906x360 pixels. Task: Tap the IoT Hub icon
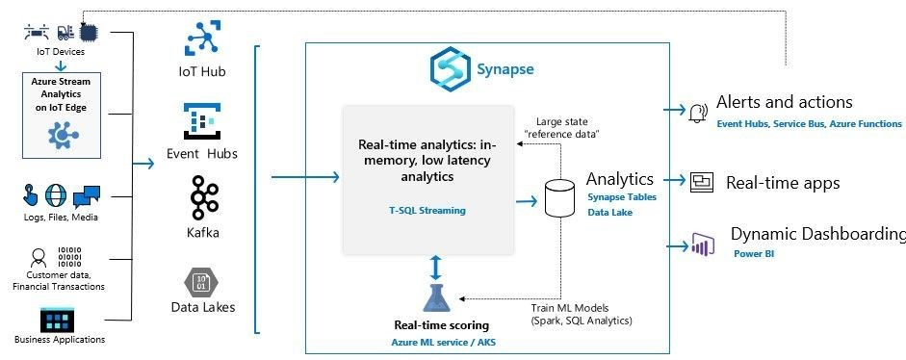(203, 39)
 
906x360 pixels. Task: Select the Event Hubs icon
(203, 120)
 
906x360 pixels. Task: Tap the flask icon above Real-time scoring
(436, 299)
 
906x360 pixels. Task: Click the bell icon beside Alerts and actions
(697, 114)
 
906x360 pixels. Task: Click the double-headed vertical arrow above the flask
(436, 266)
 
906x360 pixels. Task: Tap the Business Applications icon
(59, 320)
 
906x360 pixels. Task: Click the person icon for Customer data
(39, 258)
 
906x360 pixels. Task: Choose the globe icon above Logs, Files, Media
(56, 196)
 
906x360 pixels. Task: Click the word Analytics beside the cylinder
(620, 179)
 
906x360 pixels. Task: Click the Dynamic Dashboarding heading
(817, 235)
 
